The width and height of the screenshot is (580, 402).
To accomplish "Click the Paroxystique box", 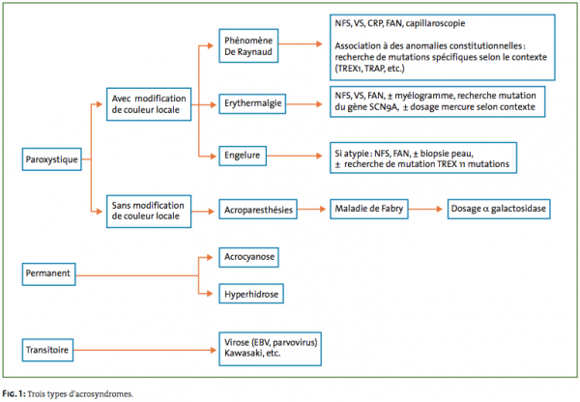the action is click(x=52, y=159).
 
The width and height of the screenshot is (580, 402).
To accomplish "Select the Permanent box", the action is click(x=49, y=274).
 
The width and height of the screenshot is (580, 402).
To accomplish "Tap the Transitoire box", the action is click(x=47, y=350).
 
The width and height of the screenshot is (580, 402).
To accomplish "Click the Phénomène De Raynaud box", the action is click(x=248, y=45).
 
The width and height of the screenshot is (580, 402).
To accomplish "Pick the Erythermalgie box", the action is click(x=252, y=104).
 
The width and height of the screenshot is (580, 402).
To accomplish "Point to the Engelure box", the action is click(x=243, y=156).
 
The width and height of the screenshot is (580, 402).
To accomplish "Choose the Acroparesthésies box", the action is click(x=258, y=210).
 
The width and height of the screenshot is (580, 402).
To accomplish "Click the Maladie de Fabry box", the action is click(x=369, y=209).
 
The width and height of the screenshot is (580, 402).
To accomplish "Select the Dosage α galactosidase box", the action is click(x=499, y=209).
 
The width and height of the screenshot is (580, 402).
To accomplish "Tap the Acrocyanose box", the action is click(x=248, y=257).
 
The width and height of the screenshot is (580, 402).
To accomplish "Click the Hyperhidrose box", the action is click(x=251, y=294).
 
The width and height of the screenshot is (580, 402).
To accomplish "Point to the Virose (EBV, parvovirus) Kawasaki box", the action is click(x=270, y=349).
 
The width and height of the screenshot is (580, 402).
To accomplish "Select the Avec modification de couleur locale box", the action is click(x=149, y=104).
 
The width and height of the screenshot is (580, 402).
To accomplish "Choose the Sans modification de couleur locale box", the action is click(x=149, y=212).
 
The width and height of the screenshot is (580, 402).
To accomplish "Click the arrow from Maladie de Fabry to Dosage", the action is click(x=425, y=209).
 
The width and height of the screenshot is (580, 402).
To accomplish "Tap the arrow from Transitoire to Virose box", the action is click(x=145, y=350).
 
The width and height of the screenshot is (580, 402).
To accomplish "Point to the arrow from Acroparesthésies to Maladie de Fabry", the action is click(x=311, y=210).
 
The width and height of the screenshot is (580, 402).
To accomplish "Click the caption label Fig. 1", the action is click(x=14, y=394).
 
